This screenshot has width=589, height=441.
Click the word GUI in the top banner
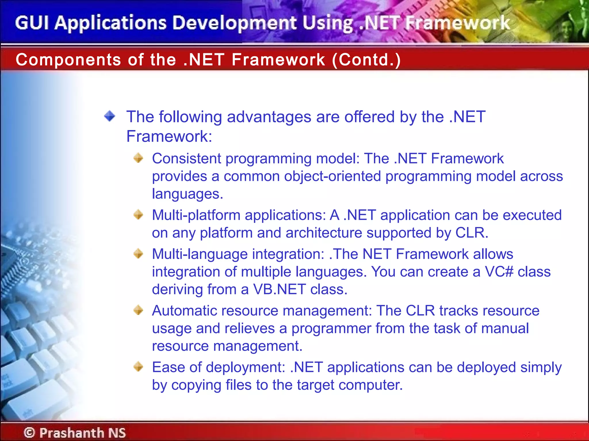pyautogui.click(x=32, y=23)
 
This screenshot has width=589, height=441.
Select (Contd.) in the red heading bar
pyautogui.click(x=366, y=60)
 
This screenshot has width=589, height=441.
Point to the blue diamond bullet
pyautogui.click(x=110, y=116)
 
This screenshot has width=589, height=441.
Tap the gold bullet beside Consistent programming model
pyautogui.click(x=138, y=158)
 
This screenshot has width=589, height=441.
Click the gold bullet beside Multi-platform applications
pyautogui.click(x=138, y=214)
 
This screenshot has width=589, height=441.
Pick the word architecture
pyautogui.click(x=324, y=233)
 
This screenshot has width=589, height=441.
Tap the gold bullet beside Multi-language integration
pyautogui.click(x=138, y=254)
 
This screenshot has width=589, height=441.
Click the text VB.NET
pyautogui.click(x=279, y=289)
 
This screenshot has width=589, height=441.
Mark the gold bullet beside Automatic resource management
pyautogui.click(x=138, y=310)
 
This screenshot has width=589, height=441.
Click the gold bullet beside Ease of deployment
pyautogui.click(x=138, y=367)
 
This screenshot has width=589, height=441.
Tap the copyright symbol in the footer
pyautogui.click(x=29, y=432)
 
